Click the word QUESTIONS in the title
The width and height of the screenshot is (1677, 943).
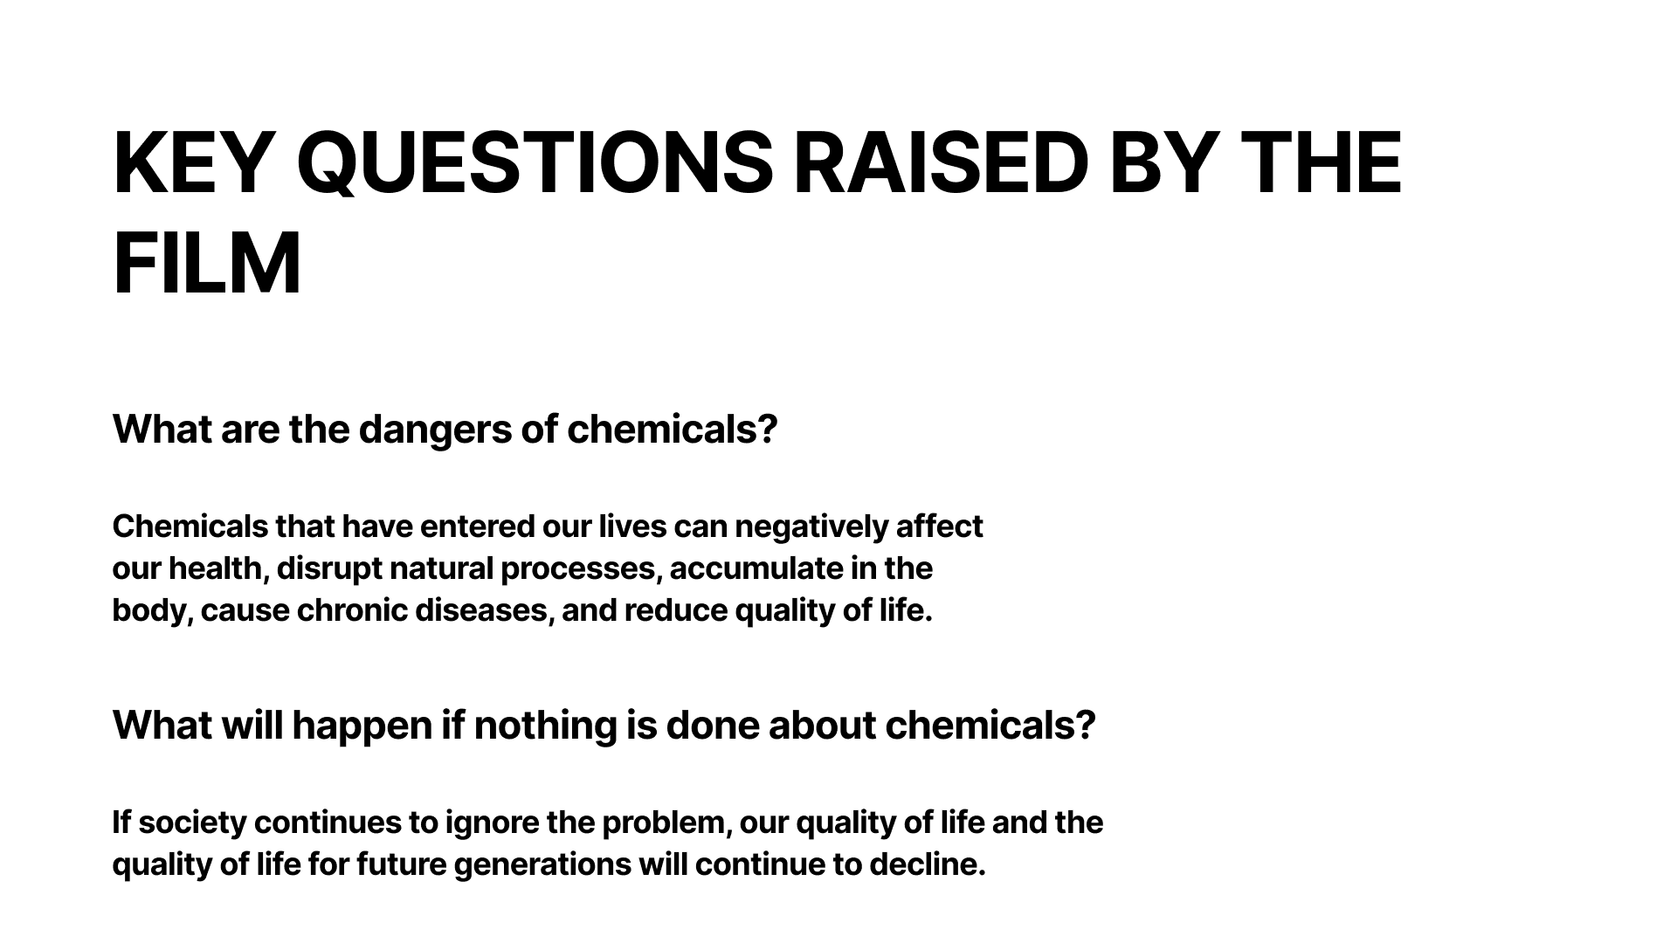point(535,163)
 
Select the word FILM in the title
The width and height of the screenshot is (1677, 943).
point(207,263)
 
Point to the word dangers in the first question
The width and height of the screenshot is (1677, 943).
point(434,430)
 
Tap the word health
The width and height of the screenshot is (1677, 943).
point(218,568)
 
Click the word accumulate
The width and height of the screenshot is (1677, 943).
point(743,568)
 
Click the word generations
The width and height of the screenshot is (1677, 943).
point(542,865)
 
